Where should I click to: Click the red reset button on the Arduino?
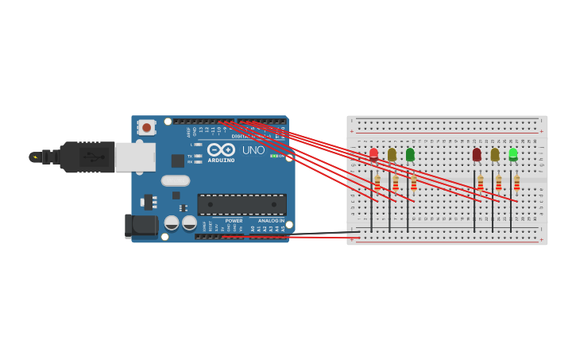(147, 127)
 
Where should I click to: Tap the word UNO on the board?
(253, 150)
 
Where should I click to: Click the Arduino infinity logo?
(221, 149)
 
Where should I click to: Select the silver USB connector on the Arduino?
(135, 157)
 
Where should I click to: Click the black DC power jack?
(141, 225)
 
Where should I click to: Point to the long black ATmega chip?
(242, 204)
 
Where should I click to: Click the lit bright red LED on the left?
(373, 153)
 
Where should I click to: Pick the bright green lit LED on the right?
(513, 153)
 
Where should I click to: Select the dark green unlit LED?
(410, 154)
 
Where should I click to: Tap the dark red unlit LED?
(477, 154)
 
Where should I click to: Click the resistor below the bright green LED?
(516, 184)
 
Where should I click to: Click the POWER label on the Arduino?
(234, 221)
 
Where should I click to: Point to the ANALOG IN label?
(270, 221)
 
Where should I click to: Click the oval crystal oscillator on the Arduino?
(176, 180)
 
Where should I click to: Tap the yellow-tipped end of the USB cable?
(34, 157)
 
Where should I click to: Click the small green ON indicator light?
(273, 156)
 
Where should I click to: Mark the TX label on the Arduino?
(189, 156)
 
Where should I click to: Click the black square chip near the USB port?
(177, 161)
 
